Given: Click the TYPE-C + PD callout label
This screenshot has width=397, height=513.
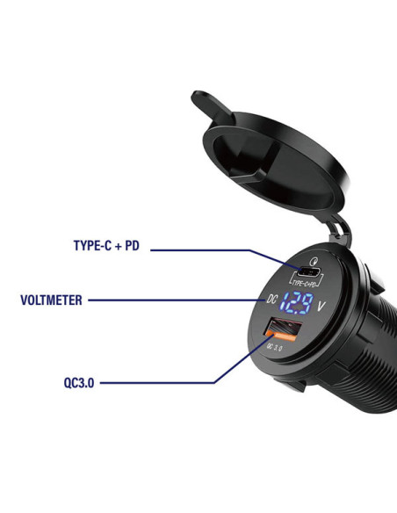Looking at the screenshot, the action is [106, 245].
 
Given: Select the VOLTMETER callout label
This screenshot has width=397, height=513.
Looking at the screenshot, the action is [51, 300].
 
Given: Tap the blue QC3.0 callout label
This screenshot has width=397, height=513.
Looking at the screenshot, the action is [79, 382].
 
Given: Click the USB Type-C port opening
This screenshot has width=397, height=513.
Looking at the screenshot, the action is [310, 271].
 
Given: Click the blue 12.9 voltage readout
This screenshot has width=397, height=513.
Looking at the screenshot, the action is [296, 303].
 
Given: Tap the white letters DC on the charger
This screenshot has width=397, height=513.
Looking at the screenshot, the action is [271, 299].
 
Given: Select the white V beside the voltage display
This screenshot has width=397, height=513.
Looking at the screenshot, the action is [321, 307].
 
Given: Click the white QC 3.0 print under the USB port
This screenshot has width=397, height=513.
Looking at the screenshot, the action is [275, 347].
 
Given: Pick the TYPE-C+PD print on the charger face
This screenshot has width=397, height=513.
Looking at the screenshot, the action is [305, 283].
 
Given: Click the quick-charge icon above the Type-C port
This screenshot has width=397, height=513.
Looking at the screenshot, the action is [314, 262].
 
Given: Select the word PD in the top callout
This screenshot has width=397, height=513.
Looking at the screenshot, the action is [132, 245].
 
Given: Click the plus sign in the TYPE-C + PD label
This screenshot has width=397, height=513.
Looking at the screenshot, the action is [118, 246].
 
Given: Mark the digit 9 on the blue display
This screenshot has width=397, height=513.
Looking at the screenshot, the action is [307, 303].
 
